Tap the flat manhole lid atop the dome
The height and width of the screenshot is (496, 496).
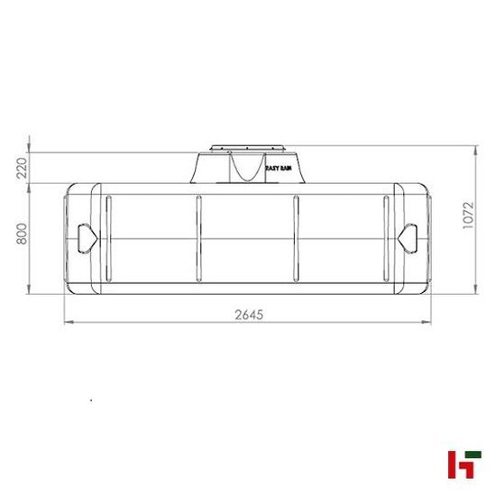[x=247, y=146]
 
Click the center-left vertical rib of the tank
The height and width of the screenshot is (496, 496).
[x=197, y=240]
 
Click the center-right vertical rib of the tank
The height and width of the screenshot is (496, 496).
[x=297, y=240]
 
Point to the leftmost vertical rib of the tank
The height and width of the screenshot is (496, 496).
[x=106, y=240]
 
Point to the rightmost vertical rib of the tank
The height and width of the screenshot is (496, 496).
[x=388, y=240]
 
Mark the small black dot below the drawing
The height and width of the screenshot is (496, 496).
[x=91, y=398]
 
